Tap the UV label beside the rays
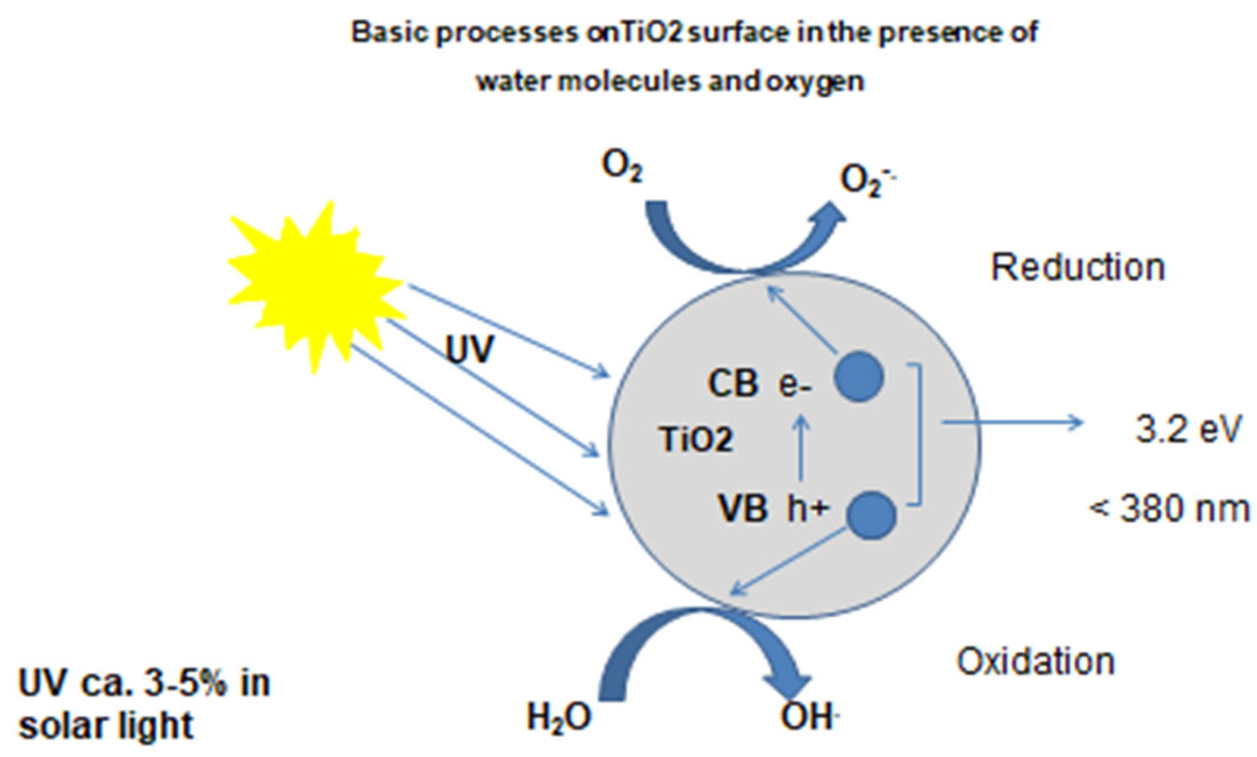click(469, 349)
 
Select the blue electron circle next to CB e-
click(859, 377)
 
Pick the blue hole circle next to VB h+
click(871, 515)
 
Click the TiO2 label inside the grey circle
click(696, 439)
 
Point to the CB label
click(732, 384)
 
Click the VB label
click(743, 509)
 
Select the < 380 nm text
click(1169, 509)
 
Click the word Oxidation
click(1036, 662)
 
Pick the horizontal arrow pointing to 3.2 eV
click(1011, 423)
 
